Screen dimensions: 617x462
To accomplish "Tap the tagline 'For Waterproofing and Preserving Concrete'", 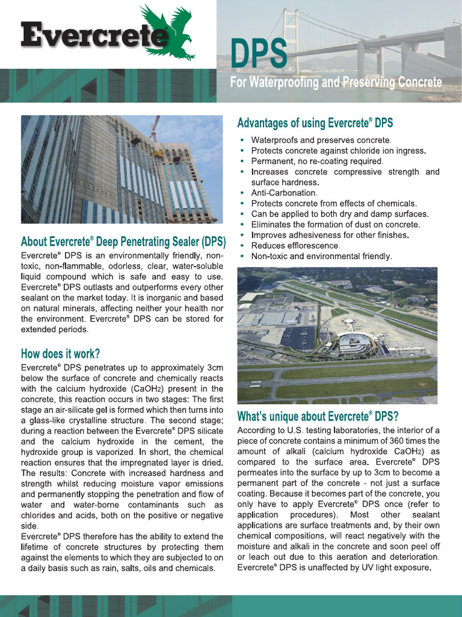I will tap(336, 82).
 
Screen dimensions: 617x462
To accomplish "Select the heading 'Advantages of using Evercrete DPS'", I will tap(315, 123).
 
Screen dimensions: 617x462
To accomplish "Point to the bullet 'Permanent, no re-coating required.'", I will tap(317, 161).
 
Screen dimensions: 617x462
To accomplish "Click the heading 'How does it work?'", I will tap(60, 353).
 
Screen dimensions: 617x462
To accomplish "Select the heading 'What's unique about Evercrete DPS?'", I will tap(318, 416).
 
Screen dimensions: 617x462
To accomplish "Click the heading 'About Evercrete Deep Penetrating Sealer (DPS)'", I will tap(123, 242).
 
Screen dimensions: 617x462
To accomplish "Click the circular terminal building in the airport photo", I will tap(355, 344).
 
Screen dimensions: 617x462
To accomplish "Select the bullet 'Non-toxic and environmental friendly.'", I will tap(321, 256).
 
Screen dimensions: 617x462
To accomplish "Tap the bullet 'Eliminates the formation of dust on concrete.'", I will tap(335, 225).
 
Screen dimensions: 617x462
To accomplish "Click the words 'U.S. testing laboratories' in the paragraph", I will tap(325, 430).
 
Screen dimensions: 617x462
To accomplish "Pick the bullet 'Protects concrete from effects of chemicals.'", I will tap(334, 204).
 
